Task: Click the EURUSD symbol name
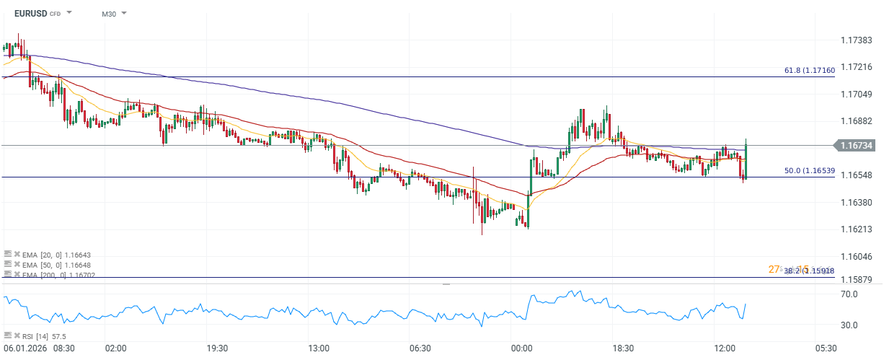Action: click(x=30, y=13)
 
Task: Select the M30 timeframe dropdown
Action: click(x=113, y=14)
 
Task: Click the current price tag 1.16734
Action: click(x=856, y=146)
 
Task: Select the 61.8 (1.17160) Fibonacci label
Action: click(x=809, y=70)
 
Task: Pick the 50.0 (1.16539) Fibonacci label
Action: click(x=809, y=170)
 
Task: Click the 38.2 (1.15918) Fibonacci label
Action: click(x=809, y=271)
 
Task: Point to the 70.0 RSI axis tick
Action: click(x=849, y=294)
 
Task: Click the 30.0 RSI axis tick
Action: click(x=849, y=325)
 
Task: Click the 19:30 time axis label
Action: click(x=217, y=348)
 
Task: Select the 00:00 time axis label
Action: click(x=521, y=348)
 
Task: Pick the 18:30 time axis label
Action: click(x=623, y=348)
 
